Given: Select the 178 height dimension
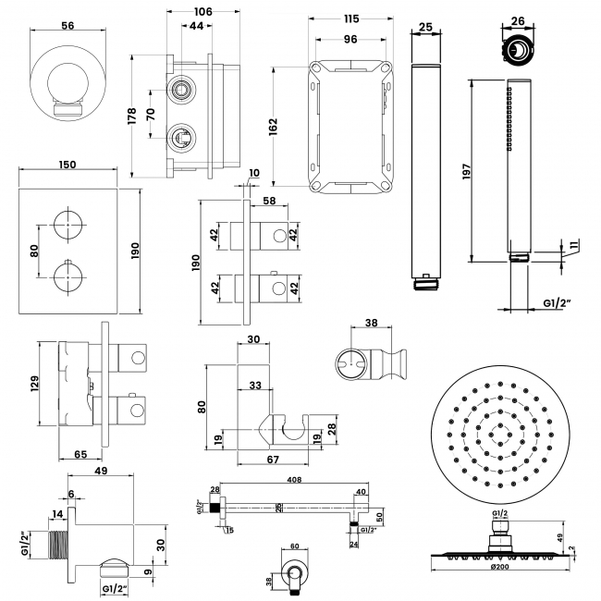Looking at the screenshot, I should (x=132, y=116).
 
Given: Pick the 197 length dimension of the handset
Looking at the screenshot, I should (x=466, y=170).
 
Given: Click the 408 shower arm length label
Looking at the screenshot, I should (x=295, y=481).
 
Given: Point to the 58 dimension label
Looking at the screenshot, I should (x=269, y=200).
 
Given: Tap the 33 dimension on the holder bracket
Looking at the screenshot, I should (x=254, y=386).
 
